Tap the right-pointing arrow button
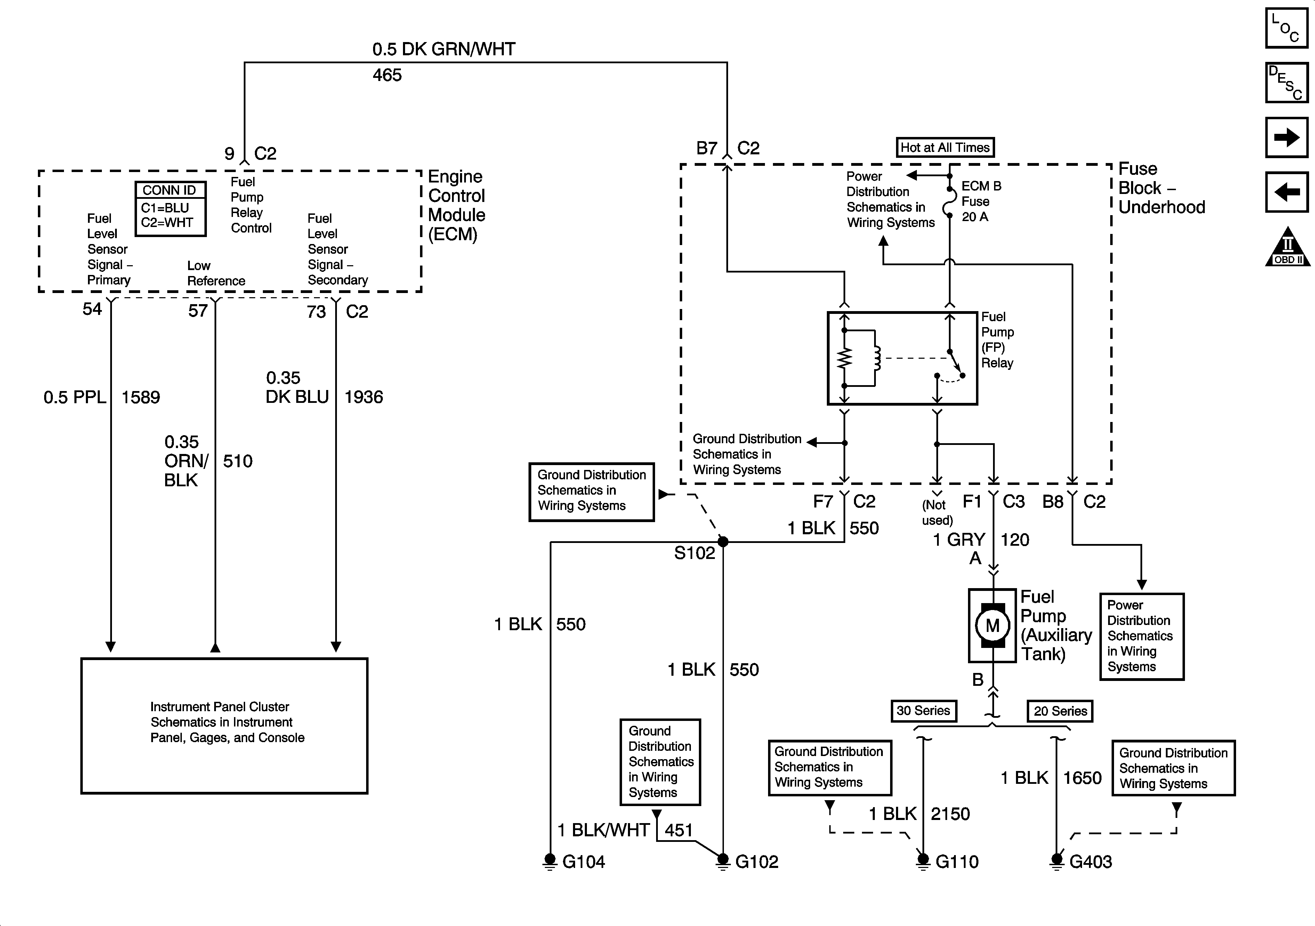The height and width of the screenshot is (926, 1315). [1286, 137]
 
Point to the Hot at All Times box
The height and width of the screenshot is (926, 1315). [945, 147]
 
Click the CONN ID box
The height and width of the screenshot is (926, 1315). [170, 209]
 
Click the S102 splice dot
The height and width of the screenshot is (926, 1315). [723, 541]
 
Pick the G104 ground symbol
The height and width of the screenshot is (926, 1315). [550, 861]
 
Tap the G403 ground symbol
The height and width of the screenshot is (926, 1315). [1057, 861]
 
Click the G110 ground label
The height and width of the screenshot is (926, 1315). [957, 861]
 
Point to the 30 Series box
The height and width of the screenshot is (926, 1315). [923, 711]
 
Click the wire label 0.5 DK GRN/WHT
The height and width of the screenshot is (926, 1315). [444, 49]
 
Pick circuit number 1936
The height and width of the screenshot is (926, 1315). [364, 397]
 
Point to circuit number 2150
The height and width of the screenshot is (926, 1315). [950, 814]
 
